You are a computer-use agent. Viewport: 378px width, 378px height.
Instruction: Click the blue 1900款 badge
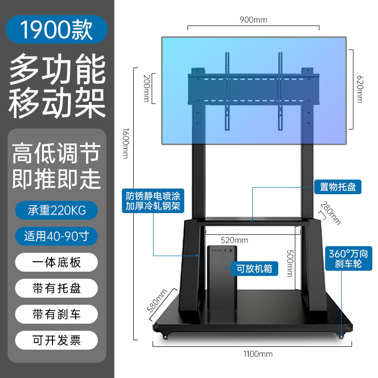[x=57, y=29]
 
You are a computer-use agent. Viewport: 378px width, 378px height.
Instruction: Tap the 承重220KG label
[x=57, y=210]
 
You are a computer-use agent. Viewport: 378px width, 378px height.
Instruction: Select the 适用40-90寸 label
[x=57, y=236]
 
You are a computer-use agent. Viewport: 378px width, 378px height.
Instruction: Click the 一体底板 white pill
[x=57, y=262]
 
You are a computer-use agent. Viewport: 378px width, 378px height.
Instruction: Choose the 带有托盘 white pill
[x=57, y=288]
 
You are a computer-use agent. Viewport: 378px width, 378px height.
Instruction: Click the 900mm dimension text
[x=253, y=20]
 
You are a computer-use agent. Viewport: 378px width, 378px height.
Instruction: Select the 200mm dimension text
[x=146, y=88]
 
